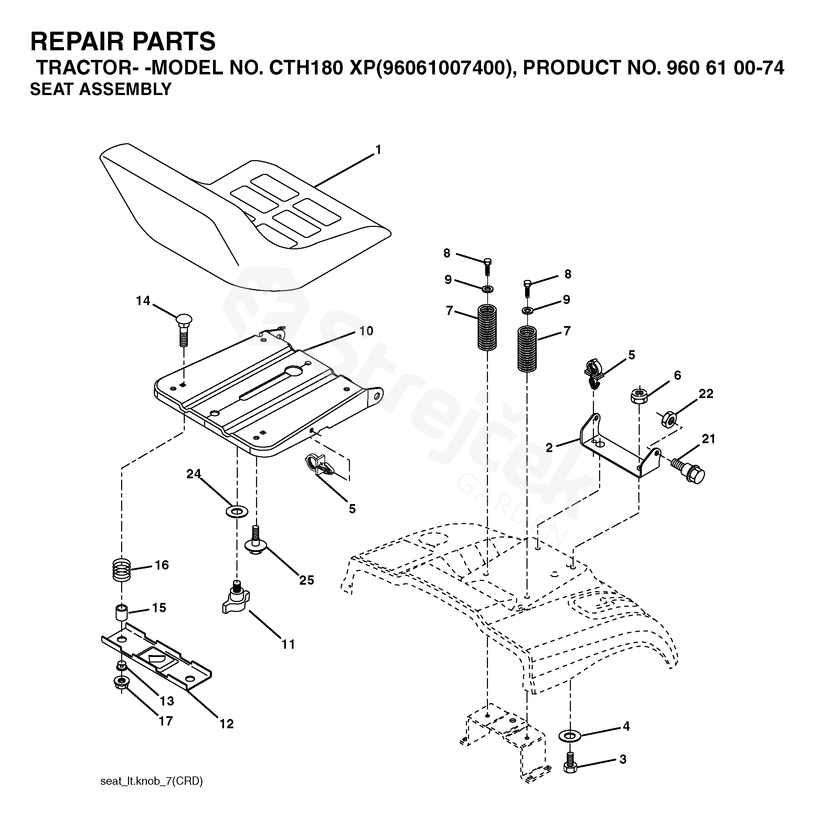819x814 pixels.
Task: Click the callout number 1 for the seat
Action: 378,150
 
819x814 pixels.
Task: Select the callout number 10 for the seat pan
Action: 366,331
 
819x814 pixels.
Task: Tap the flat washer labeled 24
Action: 237,511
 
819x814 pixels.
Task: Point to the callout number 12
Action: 227,724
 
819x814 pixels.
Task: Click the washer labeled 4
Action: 571,735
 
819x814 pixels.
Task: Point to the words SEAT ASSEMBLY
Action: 100,90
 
